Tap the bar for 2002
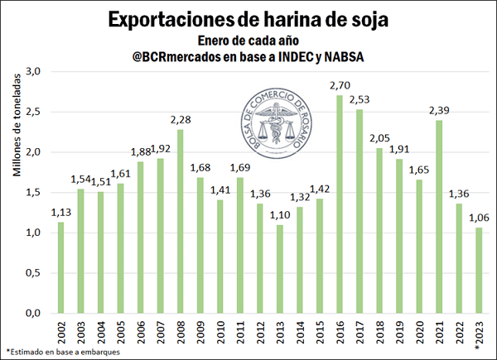point(60,268)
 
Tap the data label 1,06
point(480,218)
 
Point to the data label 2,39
point(440,111)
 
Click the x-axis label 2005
point(122,333)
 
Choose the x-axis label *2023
point(480,334)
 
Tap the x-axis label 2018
point(380,333)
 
